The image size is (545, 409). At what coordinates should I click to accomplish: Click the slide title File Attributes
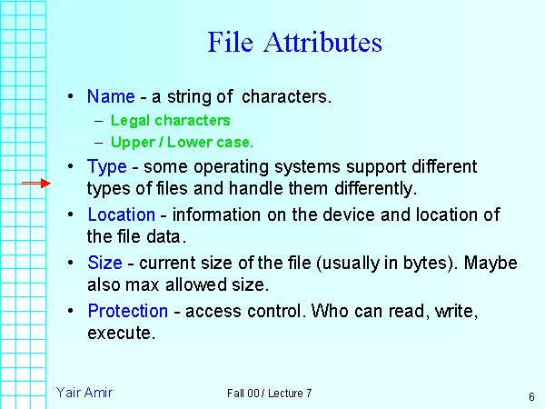[x=294, y=43]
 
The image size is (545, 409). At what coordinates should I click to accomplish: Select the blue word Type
[x=106, y=167]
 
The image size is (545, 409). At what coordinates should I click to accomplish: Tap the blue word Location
[x=121, y=214]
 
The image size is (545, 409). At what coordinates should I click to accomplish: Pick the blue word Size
[x=104, y=263]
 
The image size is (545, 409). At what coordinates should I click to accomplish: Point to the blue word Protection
[x=127, y=311]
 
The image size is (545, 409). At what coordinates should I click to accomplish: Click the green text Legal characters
[x=170, y=120]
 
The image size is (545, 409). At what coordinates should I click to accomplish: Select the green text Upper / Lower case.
[x=182, y=142]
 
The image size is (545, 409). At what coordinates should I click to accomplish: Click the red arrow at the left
[x=36, y=184]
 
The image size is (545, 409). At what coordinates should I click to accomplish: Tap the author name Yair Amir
[x=84, y=393]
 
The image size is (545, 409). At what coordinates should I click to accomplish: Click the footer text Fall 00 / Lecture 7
[x=270, y=394]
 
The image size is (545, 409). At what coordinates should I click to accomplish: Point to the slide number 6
[x=530, y=396]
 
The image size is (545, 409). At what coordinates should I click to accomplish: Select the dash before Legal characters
[x=98, y=120]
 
